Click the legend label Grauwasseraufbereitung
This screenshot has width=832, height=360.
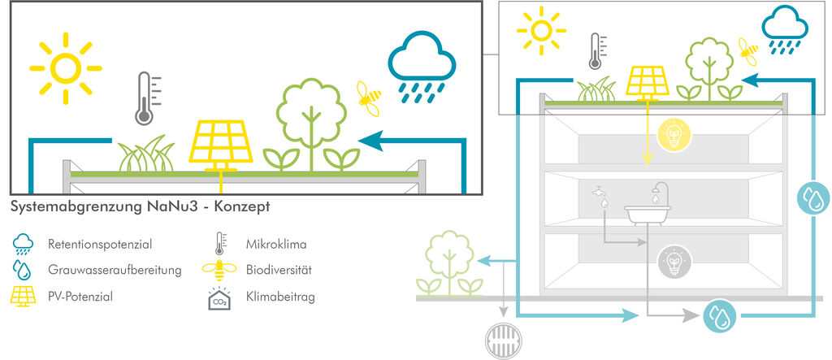pos(114,270)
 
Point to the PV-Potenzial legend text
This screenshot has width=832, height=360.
pos(80,297)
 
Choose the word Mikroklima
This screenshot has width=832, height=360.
pos(277,243)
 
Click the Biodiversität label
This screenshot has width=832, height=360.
pos(279,270)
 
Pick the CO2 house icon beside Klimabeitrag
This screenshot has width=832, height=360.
pos(220,298)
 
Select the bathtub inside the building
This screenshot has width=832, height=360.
pos(648,212)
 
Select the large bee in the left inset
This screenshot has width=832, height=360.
pos(370,97)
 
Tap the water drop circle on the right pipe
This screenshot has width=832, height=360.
pos(812,198)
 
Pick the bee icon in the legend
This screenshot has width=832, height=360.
pos(220,270)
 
